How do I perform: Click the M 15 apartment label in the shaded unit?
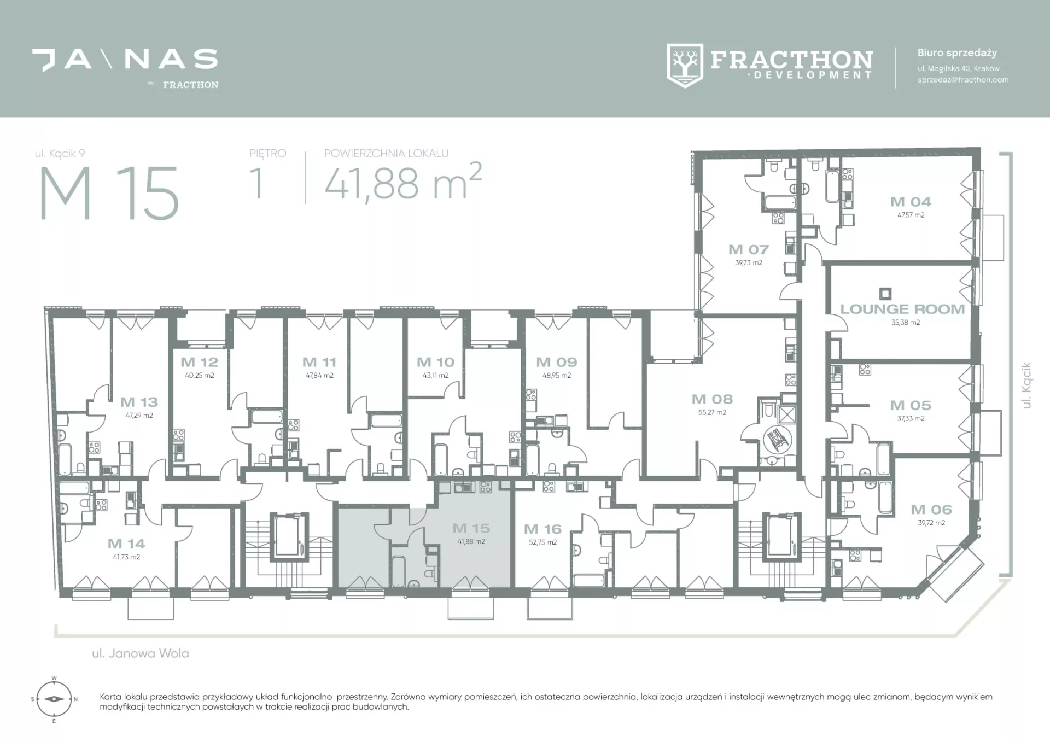tap(471, 528)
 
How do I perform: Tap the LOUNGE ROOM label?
tap(902, 309)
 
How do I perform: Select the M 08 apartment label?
tap(712, 399)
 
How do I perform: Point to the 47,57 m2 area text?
tap(911, 215)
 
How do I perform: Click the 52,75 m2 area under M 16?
tap(542, 542)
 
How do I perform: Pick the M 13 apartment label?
tap(139, 402)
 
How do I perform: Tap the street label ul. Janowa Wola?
tap(141, 653)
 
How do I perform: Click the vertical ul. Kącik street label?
tap(1026, 385)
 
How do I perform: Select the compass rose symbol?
tap(54, 699)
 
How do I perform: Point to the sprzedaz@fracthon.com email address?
tap(963, 80)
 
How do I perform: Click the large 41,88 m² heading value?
tap(403, 182)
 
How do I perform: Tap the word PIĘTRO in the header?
tap(268, 153)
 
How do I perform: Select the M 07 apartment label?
tap(749, 249)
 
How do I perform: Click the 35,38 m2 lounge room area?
tap(906, 323)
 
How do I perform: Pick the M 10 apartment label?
tap(435, 362)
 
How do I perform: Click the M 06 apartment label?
tap(931, 510)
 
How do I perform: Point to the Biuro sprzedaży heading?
tap(957, 53)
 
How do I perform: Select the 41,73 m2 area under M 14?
tap(126, 557)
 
